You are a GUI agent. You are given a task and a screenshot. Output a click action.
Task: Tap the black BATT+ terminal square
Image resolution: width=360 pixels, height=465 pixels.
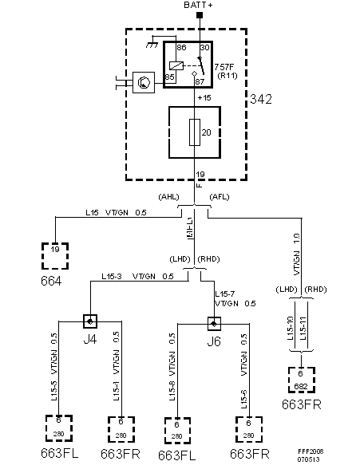tap(200, 16)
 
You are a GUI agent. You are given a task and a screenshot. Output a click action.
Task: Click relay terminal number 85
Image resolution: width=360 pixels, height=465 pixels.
tap(170, 77)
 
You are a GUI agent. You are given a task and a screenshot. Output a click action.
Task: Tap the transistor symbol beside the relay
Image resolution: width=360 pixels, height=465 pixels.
tap(144, 81)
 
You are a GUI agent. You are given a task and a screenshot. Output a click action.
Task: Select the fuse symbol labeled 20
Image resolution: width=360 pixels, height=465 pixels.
tap(195, 132)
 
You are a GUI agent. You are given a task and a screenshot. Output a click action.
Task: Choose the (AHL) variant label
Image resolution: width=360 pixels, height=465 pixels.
tap(170, 196)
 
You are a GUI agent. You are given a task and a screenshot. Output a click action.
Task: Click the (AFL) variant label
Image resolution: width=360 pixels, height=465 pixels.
tap(219, 196)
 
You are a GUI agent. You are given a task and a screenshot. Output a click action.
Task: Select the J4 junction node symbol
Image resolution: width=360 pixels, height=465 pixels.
tap(91, 321)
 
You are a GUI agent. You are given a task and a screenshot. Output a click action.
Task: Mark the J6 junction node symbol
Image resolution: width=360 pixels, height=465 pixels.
tap(213, 324)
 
